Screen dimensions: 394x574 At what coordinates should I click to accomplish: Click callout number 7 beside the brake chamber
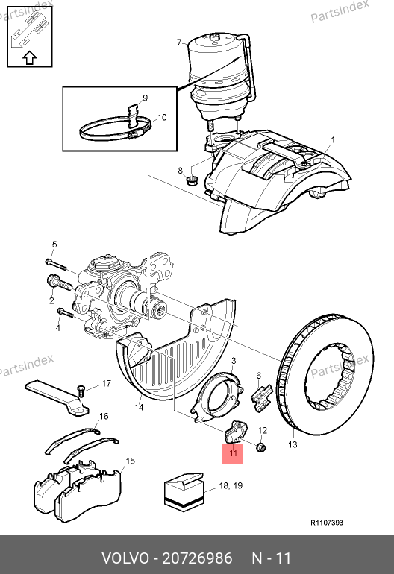[x=179, y=42]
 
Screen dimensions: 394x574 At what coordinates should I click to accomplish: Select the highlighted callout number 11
[x=233, y=453]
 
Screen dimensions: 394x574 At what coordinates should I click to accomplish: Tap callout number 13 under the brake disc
[x=293, y=444]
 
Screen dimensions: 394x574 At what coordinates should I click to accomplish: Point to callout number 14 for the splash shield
[x=139, y=407]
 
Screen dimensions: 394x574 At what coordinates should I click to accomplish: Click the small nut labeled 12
[x=261, y=447]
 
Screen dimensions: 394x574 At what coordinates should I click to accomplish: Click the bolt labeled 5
[x=57, y=265]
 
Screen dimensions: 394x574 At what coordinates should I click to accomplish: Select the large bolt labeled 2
[x=60, y=283]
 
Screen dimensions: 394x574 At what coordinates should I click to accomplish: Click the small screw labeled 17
[x=81, y=390]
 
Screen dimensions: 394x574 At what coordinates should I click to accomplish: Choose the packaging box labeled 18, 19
[x=184, y=491]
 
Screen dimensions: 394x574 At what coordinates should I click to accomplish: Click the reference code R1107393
[x=327, y=523]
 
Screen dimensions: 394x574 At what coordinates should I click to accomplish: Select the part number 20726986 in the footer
[x=197, y=558]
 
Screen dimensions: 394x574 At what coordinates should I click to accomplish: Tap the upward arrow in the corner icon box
[x=30, y=58]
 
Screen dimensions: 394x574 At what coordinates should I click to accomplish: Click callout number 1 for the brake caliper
[x=333, y=140]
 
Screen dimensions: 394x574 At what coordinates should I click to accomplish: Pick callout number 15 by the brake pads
[x=130, y=461]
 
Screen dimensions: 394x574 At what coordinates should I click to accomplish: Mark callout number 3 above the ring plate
[x=234, y=361]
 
